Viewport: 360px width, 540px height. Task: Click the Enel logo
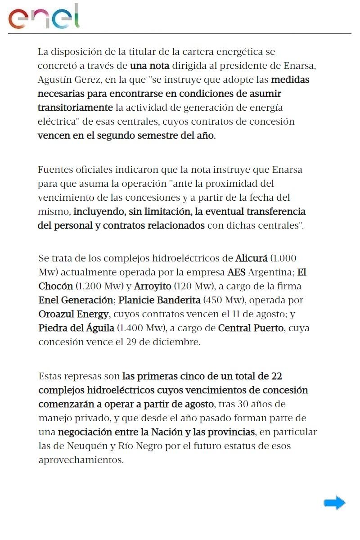click(x=44, y=17)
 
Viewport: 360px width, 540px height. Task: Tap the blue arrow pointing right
click(x=334, y=503)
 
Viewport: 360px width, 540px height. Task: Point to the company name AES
click(x=237, y=272)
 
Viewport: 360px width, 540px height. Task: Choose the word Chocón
click(x=55, y=286)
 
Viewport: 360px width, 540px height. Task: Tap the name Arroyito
click(x=153, y=286)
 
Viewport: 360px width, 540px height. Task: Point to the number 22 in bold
click(x=276, y=376)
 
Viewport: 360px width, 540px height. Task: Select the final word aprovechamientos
click(x=81, y=460)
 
